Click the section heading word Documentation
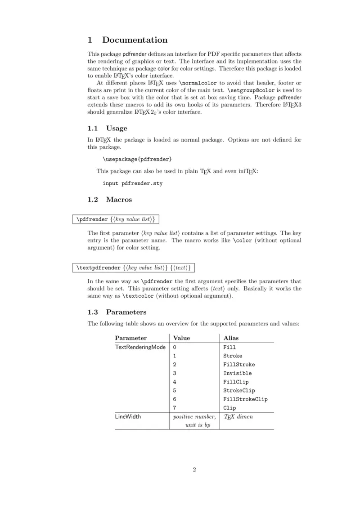(135, 40)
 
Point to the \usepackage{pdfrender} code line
(137, 159)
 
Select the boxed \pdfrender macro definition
(116, 219)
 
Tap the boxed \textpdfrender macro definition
(134, 268)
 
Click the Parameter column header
(130, 338)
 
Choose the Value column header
(181, 338)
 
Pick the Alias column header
(231, 338)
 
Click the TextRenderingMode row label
(140, 347)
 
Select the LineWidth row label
(128, 416)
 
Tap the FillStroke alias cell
(239, 365)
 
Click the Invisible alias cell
(238, 373)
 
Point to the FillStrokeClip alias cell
(245, 399)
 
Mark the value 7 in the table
(175, 408)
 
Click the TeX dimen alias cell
(238, 416)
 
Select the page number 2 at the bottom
(194, 470)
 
